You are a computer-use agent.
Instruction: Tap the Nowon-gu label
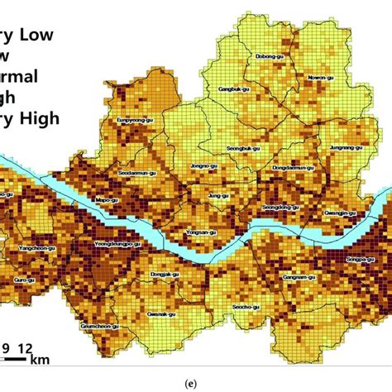320,79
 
